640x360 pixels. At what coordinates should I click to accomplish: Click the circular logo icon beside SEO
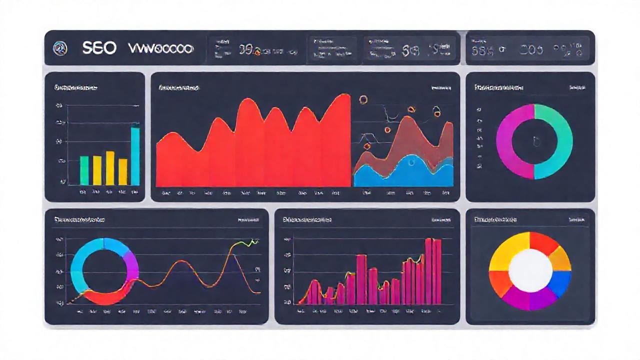(x=60, y=48)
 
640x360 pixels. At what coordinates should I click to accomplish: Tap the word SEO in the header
(x=99, y=48)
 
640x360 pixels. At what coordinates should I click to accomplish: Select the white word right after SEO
(x=160, y=48)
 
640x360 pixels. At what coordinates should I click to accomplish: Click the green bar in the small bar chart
(x=84, y=170)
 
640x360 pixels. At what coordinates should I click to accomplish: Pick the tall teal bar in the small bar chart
(x=135, y=156)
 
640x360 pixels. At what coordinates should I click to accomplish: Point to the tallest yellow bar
(x=110, y=168)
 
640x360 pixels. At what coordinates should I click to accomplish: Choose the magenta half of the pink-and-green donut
(x=510, y=141)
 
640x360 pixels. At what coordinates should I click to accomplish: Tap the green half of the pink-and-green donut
(x=559, y=141)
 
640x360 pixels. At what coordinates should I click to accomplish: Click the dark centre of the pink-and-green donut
(x=534, y=141)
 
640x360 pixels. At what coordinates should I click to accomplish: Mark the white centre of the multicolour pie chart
(x=530, y=271)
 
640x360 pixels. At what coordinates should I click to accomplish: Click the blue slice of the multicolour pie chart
(x=561, y=282)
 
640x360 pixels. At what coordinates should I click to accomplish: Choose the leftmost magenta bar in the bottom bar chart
(x=313, y=292)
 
